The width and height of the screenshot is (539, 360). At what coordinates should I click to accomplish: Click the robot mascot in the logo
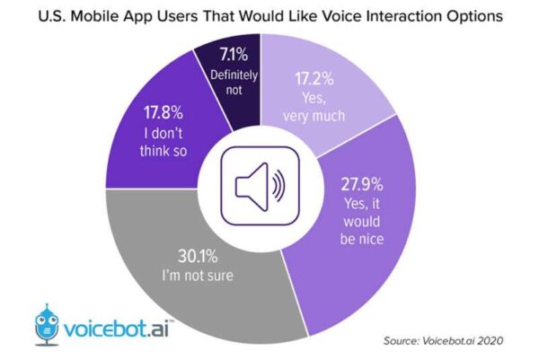point(46,320)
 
